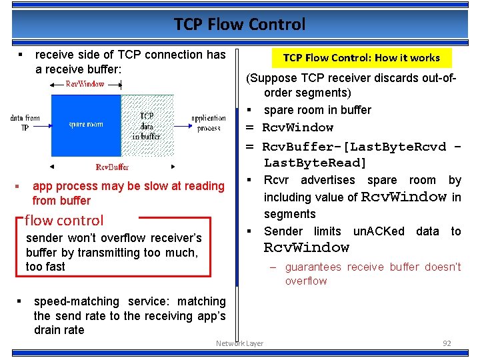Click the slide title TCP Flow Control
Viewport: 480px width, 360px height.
point(239,25)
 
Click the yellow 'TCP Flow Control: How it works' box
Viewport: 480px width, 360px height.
point(361,58)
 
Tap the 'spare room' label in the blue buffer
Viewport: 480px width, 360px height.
point(86,125)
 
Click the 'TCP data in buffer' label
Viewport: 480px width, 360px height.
point(147,125)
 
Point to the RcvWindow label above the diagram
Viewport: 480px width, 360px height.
point(85,84)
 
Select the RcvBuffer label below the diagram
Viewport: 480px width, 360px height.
point(113,167)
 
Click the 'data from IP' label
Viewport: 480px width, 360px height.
point(25,123)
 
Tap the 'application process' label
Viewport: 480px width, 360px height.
point(209,123)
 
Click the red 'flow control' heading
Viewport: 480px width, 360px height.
point(64,220)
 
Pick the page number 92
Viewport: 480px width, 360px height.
point(447,343)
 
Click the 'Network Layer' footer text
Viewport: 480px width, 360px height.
point(239,343)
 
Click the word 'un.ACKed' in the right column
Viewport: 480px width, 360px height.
point(379,231)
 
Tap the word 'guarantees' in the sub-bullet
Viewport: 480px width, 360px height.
point(313,267)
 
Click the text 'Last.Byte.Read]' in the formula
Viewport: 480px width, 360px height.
point(315,163)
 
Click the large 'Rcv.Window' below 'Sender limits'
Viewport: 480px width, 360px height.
point(307,248)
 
